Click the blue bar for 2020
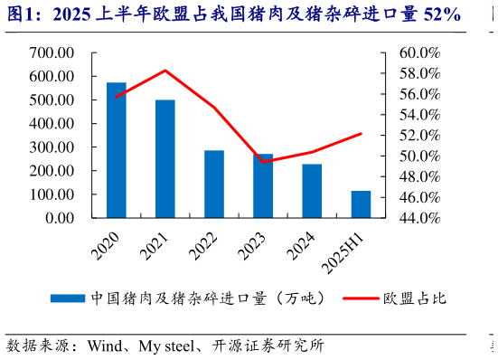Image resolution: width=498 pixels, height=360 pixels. (x=116, y=149)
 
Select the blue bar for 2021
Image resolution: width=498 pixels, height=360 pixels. (x=165, y=158)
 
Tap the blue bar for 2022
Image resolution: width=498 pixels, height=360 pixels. (x=214, y=184)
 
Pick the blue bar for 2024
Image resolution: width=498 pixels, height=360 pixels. (x=312, y=190)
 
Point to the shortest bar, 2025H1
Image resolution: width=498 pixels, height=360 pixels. (x=361, y=204)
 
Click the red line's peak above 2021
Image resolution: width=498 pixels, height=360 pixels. (x=165, y=71)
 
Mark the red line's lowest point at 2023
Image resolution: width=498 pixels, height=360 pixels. (x=263, y=162)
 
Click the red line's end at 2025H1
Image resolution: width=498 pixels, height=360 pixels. (x=361, y=134)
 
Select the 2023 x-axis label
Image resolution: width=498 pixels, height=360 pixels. (x=253, y=243)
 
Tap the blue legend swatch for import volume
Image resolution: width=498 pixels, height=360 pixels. (x=68, y=298)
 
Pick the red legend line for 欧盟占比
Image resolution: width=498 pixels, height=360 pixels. (x=358, y=298)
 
